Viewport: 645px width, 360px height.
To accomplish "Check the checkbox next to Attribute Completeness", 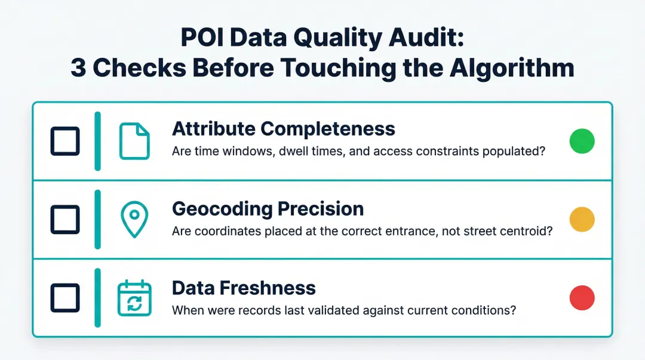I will click(64, 141).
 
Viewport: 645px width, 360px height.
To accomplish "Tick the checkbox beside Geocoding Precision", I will click(64, 219).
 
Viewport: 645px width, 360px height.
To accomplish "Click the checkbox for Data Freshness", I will click(64, 298).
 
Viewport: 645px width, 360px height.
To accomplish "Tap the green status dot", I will click(582, 141).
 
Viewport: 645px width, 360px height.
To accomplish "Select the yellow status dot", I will click(582, 219).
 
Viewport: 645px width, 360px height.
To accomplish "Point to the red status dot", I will click(582, 298).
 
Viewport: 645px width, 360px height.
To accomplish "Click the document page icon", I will click(134, 141).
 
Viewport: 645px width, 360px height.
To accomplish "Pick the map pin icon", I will click(134, 220).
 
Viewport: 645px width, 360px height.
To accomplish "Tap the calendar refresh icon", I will click(134, 298).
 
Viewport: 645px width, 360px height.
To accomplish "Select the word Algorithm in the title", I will click(512, 68).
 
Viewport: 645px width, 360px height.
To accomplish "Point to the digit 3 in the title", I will click(79, 69).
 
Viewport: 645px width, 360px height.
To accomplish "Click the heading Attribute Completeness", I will click(283, 128).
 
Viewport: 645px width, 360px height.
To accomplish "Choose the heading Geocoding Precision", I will click(268, 208).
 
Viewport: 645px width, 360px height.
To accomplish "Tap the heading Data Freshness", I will click(244, 288).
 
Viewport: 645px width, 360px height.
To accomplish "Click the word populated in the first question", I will click(515, 152).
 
